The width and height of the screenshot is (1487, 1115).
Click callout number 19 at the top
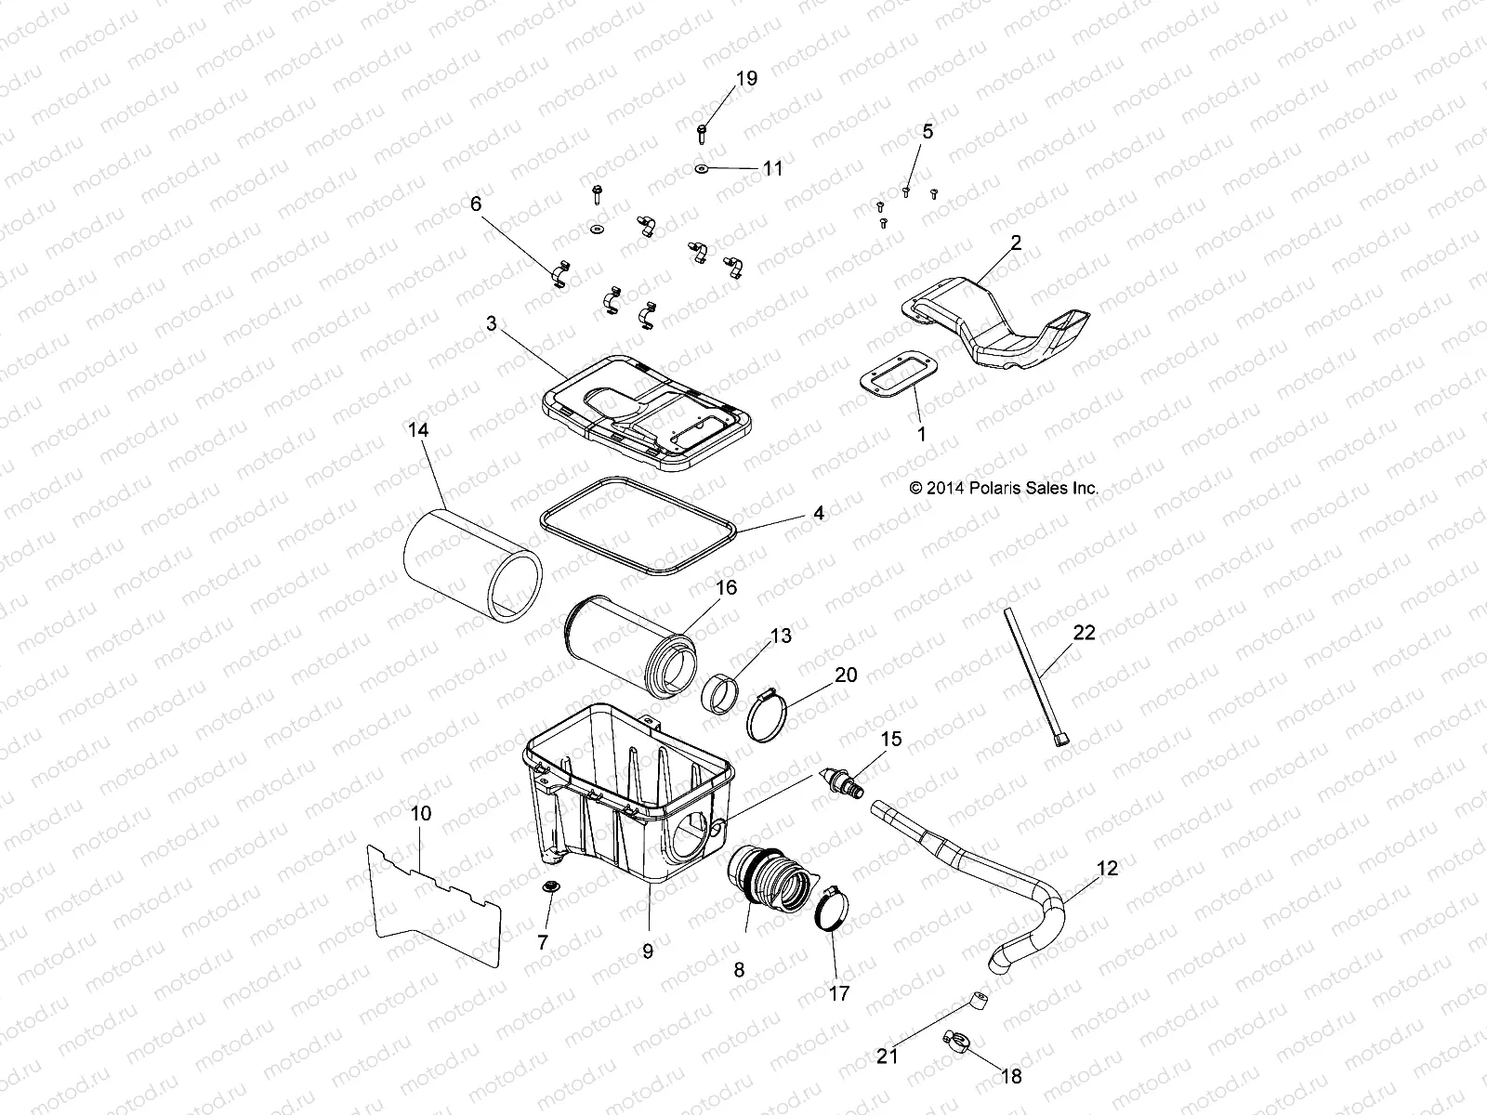(746, 79)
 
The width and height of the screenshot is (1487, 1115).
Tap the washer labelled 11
(702, 168)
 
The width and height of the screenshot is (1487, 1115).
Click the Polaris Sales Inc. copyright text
(1004, 487)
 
